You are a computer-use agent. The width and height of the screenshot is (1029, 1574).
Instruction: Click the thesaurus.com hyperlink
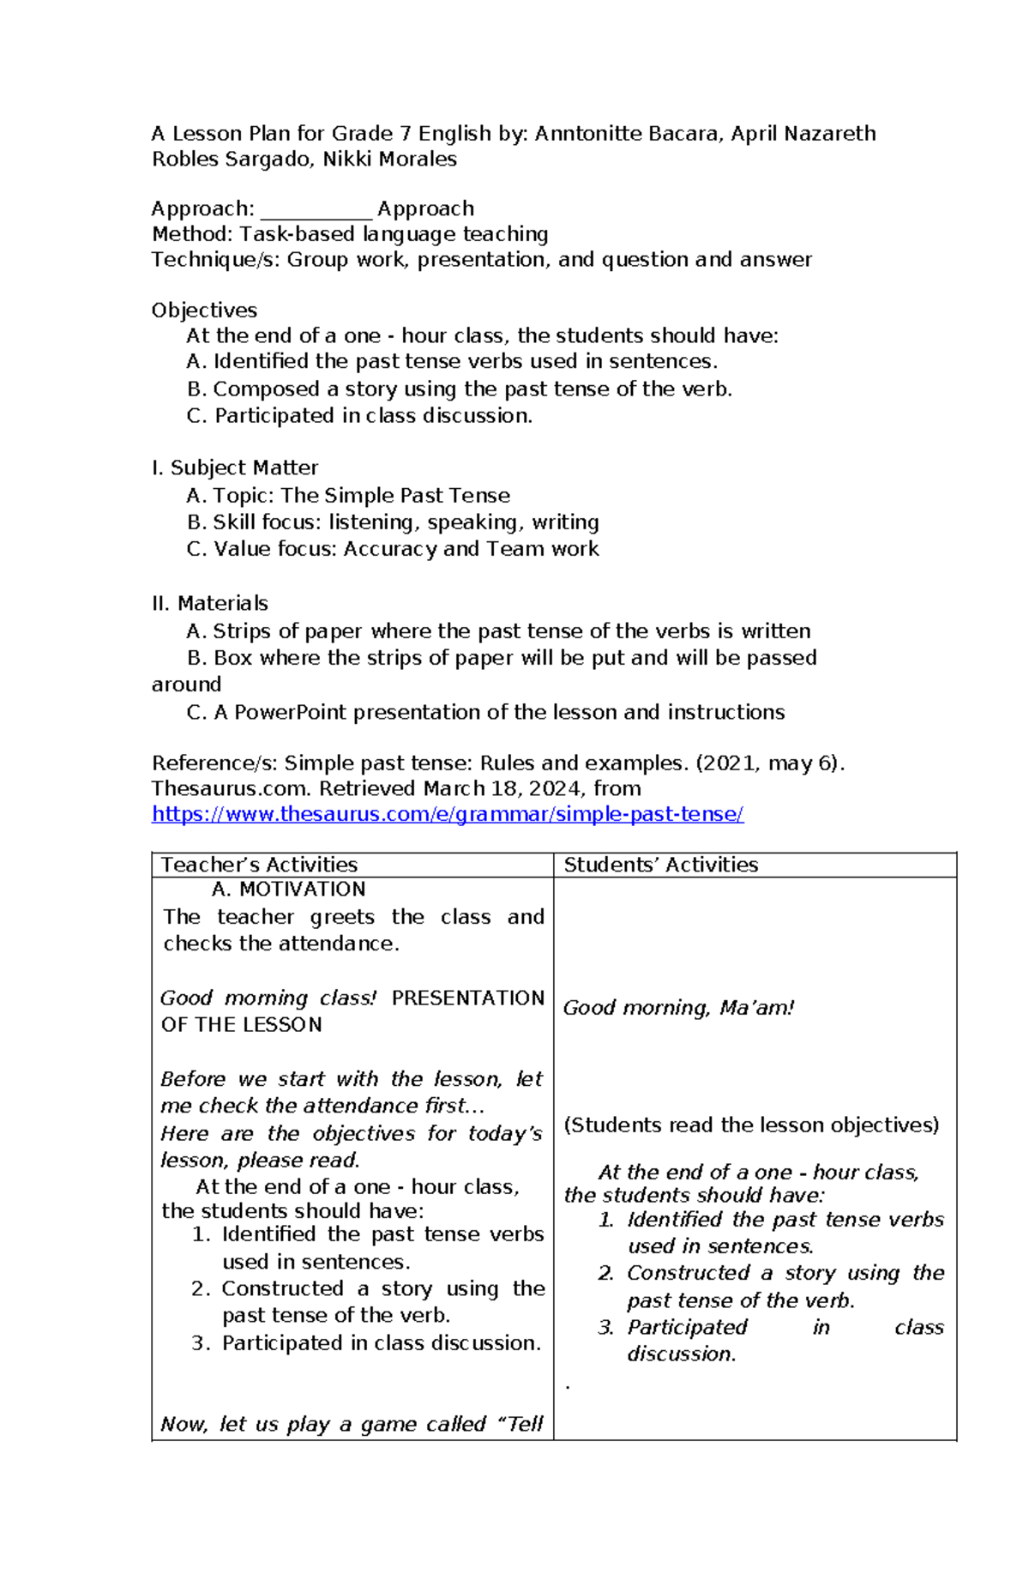[447, 814]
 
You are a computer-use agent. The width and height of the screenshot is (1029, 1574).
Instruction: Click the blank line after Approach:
[316, 209]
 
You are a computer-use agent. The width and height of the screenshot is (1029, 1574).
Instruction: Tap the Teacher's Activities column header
[259, 865]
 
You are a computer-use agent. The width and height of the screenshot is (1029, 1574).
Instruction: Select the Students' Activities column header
[660, 865]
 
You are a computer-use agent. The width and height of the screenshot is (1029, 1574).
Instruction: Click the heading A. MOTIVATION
[288, 890]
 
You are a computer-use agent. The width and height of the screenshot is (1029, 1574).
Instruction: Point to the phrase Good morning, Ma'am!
[677, 1008]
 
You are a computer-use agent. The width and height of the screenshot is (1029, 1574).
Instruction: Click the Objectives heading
[204, 311]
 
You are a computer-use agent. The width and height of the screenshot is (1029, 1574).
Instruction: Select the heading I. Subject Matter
[234, 468]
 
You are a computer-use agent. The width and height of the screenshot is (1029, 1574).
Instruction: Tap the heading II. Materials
[209, 604]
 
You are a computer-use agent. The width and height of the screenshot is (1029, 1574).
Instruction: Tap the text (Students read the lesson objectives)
[751, 1125]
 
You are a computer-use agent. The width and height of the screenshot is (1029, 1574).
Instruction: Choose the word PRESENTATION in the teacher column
[467, 998]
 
